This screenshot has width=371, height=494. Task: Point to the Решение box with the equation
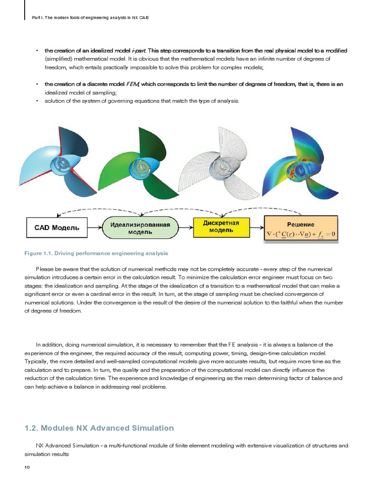[x=300, y=229]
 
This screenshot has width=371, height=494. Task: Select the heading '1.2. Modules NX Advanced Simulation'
[x=99, y=428]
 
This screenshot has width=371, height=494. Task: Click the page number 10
[x=27, y=467]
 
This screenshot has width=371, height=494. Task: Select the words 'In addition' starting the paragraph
[x=48, y=344]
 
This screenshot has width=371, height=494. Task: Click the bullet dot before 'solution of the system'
[x=37, y=101]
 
